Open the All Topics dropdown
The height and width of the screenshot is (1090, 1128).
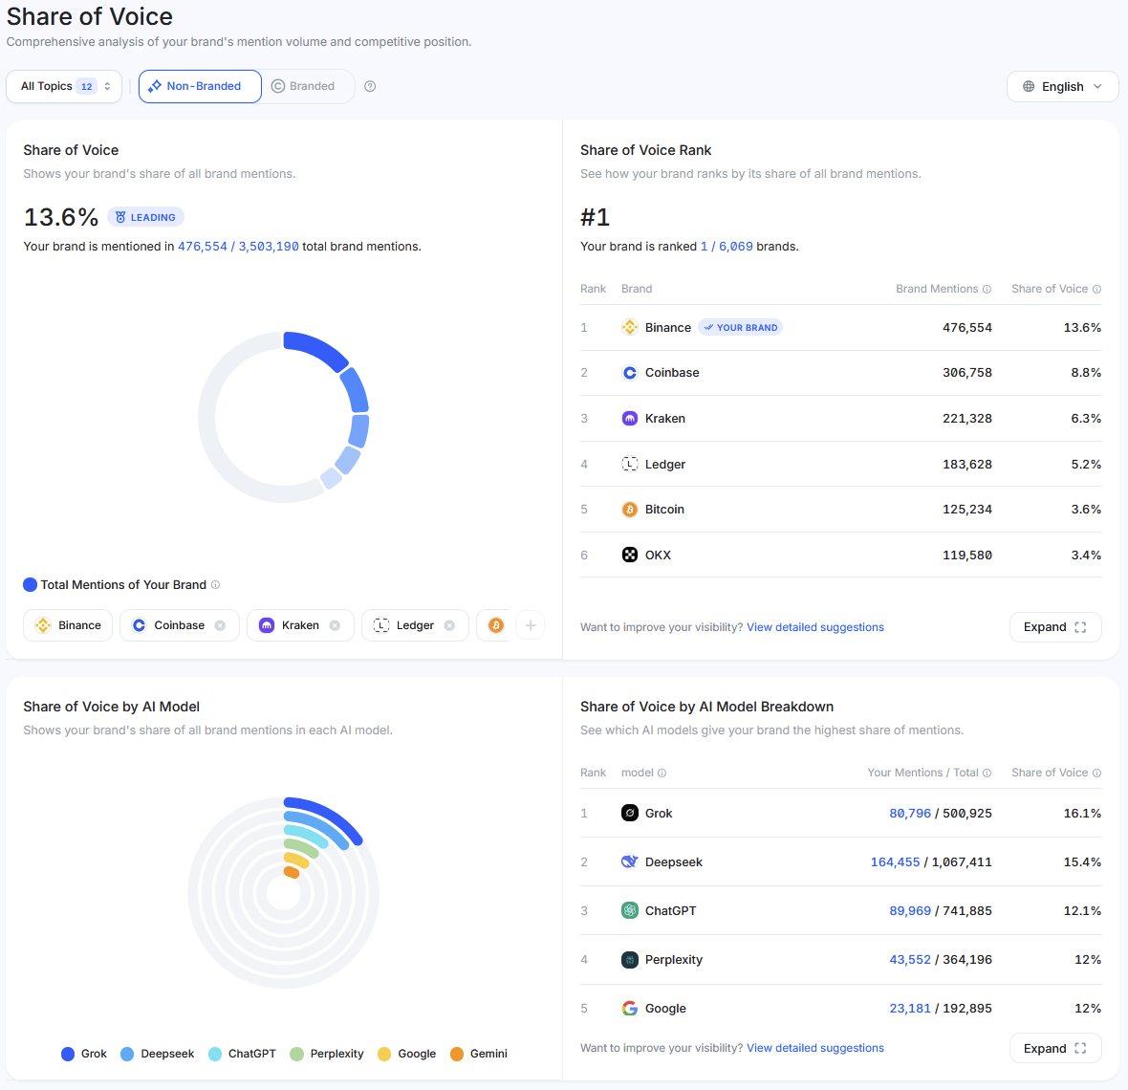tap(64, 86)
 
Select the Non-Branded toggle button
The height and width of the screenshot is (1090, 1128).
tap(200, 86)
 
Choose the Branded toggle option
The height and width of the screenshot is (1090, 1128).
tap(304, 86)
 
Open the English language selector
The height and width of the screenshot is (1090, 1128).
tap(1062, 86)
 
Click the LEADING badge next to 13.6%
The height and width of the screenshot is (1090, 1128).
tap(145, 217)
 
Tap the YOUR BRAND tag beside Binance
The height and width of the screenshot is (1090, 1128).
tap(740, 327)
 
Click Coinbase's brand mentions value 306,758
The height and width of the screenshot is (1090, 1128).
tap(966, 373)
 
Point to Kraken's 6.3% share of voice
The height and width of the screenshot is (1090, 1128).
tap(1085, 419)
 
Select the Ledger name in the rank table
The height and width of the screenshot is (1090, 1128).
tap(664, 465)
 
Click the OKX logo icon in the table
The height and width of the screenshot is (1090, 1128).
tap(630, 555)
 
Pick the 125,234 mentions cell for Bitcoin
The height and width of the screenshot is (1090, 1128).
tap(966, 510)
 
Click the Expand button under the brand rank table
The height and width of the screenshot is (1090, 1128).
tap(1054, 627)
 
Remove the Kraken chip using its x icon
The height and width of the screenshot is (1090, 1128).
tap(335, 625)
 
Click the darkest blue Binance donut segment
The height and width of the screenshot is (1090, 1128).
tap(317, 348)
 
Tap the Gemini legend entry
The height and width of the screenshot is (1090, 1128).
tap(479, 1054)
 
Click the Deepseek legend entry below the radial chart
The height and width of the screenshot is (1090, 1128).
tap(158, 1054)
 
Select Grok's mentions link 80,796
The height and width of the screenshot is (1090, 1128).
tap(909, 814)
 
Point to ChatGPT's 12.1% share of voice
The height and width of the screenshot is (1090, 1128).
tap(1081, 911)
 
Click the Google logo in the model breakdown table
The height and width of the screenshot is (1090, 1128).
tap(630, 1009)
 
